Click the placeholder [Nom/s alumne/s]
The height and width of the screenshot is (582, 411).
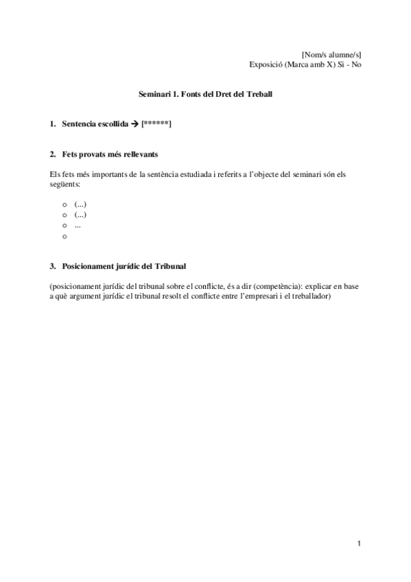coord(332,54)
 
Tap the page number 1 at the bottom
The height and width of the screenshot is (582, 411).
coord(359,544)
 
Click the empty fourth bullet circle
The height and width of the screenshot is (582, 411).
coord(64,237)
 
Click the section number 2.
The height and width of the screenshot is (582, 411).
coord(53,154)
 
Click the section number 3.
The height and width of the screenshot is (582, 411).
coord(53,265)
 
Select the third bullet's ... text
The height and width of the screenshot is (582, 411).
coord(78,226)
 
